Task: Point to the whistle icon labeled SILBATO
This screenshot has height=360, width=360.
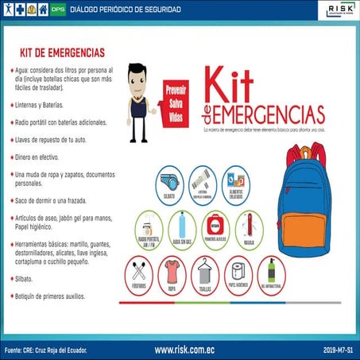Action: coord(168,182)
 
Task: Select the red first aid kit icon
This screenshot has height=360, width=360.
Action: coord(216,226)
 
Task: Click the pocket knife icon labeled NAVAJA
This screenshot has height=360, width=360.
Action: coord(249,226)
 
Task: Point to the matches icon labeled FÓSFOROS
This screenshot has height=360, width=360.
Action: coord(140,274)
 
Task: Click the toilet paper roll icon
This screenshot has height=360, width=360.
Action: coord(239,274)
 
